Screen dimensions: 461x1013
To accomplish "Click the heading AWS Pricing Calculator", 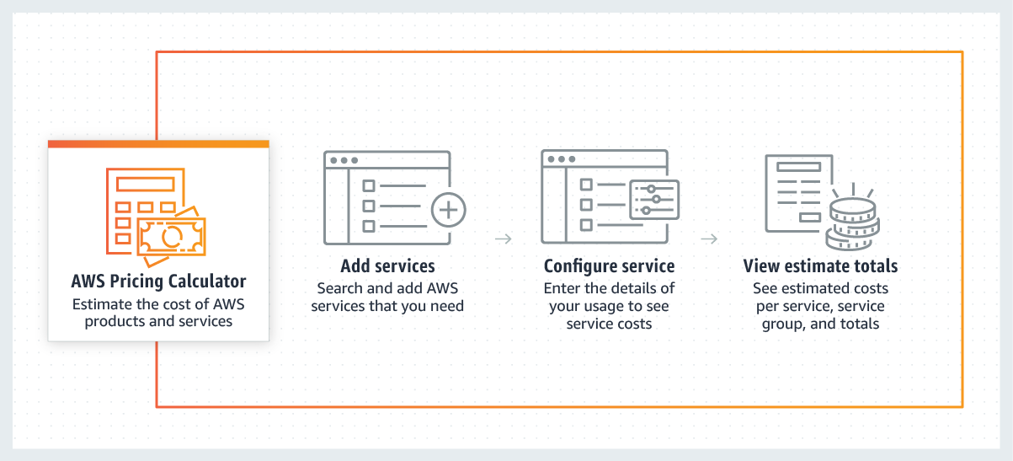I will (158, 281).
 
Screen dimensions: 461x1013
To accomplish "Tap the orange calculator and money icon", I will (156, 212).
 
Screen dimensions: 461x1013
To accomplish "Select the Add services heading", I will (387, 266).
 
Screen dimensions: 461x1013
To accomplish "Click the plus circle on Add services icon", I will (448, 210).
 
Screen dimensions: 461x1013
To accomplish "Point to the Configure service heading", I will (609, 266).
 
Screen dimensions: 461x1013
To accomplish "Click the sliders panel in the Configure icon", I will (653, 200).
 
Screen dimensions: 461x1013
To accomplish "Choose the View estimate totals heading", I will (820, 266).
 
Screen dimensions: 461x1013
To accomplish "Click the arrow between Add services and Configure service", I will (503, 239).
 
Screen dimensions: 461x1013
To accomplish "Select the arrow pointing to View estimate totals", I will (709, 239).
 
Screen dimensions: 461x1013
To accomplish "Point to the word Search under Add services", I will (340, 288).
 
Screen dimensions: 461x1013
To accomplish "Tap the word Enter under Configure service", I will (563, 288).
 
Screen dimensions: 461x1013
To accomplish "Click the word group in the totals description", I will (782, 324).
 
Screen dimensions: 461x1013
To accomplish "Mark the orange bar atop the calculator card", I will (158, 144).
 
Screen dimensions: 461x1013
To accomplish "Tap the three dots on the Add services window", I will (344, 160).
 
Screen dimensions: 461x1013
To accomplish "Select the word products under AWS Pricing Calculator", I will (115, 321).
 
